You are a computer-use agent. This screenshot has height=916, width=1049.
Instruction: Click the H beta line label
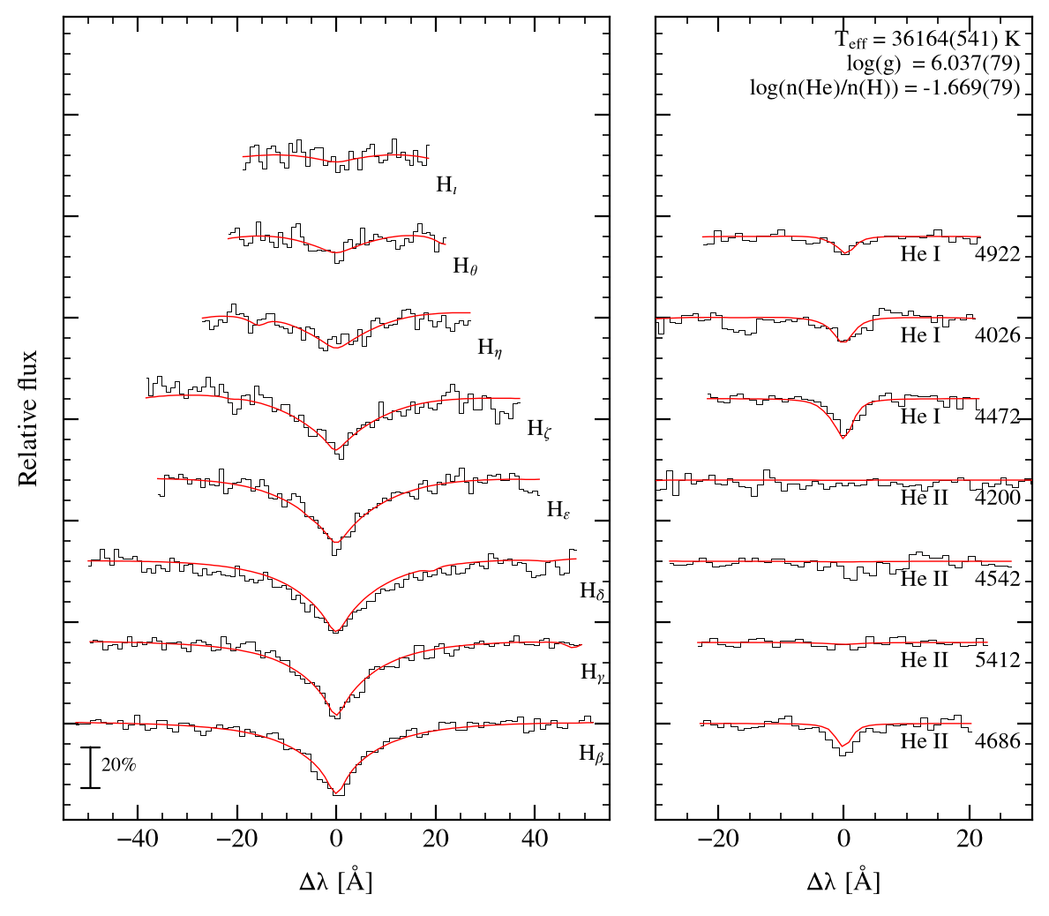592,755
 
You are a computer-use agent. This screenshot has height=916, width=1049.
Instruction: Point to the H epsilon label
558,510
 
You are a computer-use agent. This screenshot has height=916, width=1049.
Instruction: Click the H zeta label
539,429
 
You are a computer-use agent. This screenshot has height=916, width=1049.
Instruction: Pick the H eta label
490,348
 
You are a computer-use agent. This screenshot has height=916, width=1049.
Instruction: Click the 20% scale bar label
118,764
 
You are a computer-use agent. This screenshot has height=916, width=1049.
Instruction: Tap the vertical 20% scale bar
90,768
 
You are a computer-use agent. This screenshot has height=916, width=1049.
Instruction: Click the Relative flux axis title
27,418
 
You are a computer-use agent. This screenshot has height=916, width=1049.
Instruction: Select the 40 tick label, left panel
535,838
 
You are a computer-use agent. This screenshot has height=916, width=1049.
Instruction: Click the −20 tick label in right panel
718,838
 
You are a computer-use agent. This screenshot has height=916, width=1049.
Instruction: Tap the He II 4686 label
961,741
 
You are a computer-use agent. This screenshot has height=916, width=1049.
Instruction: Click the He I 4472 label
961,417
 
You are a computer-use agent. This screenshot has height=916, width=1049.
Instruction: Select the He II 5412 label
961,660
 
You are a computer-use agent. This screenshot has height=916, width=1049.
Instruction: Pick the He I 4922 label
961,254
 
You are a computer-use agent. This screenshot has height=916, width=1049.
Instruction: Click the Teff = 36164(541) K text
928,40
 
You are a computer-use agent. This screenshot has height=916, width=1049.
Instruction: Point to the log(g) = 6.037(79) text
933,64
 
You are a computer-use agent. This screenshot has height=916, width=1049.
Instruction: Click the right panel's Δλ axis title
843,882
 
